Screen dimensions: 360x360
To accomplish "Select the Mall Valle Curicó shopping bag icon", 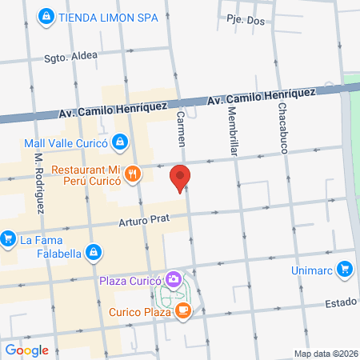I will (x=119, y=142).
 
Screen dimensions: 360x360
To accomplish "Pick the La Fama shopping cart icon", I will (x=9, y=238).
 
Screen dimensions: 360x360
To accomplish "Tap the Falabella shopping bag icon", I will (x=94, y=252).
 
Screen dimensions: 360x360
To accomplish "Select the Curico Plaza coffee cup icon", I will (x=183, y=310).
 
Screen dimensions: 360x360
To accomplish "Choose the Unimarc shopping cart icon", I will (x=345, y=269).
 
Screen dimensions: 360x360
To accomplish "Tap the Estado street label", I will (x=340, y=303).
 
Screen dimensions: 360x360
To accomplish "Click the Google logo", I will (x=26, y=350).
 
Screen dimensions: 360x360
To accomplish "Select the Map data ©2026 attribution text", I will (x=325, y=354).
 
